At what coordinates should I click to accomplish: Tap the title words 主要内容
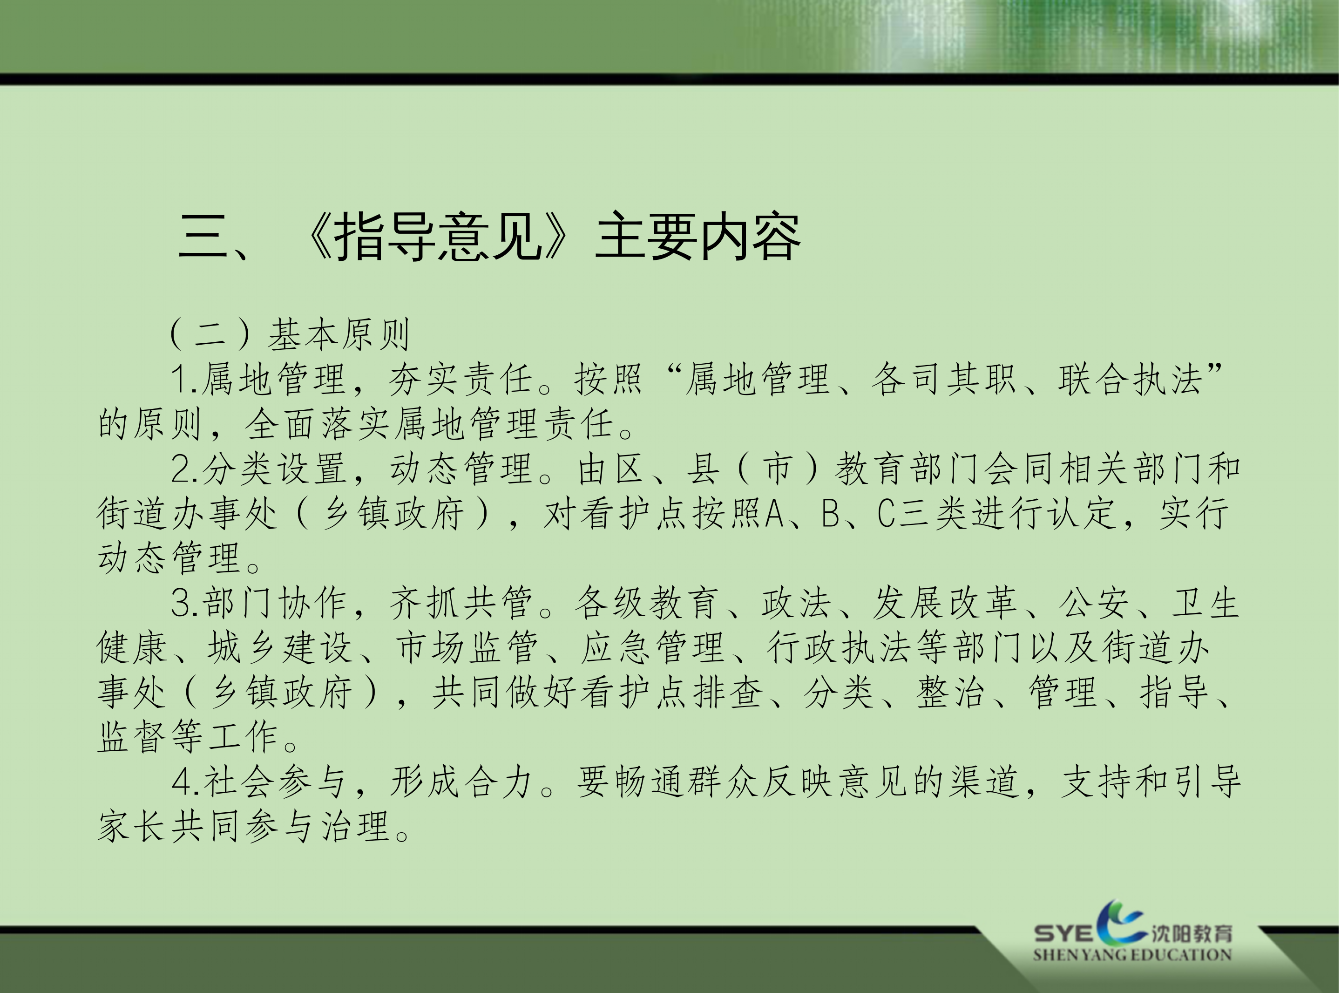[x=698, y=237]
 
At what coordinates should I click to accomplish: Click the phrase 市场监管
[x=467, y=648]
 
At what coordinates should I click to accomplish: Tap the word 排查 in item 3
[x=728, y=693]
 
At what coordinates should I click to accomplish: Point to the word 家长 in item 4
[x=132, y=827]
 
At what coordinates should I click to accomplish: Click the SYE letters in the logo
[x=1063, y=934]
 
